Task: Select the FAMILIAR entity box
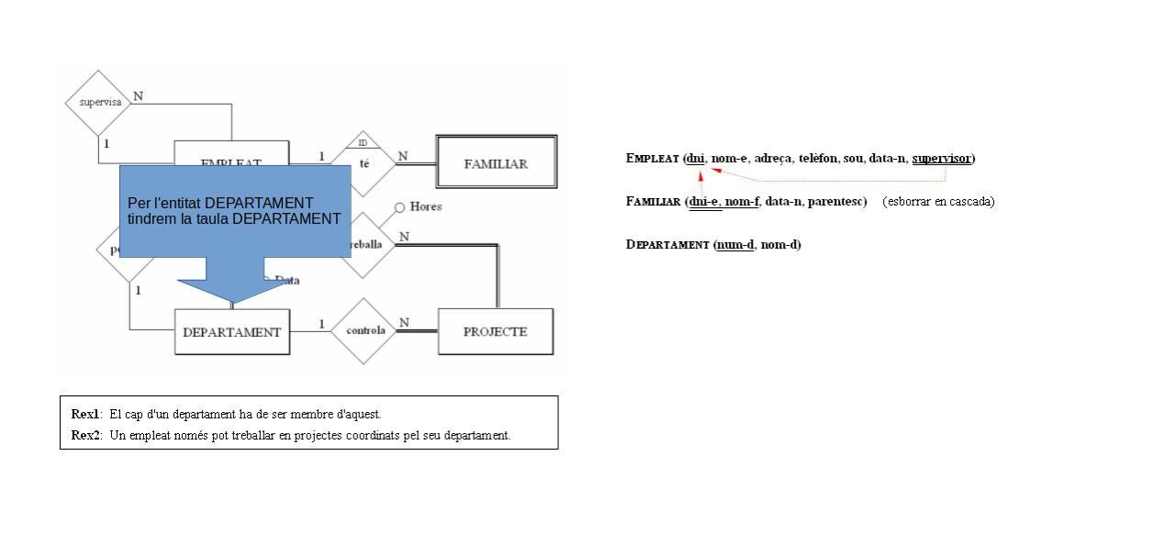tap(496, 163)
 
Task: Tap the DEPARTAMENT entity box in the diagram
tap(232, 332)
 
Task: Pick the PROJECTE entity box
tap(496, 331)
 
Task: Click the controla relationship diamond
tap(364, 330)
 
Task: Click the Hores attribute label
tap(425, 206)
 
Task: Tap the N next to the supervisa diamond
tap(138, 95)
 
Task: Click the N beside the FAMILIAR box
tap(403, 156)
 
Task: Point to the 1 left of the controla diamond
tap(321, 323)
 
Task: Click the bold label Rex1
tap(85, 414)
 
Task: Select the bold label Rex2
tap(85, 435)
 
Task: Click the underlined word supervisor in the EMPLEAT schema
tap(941, 159)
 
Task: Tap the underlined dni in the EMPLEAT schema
tap(697, 159)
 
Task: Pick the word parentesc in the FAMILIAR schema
tap(836, 201)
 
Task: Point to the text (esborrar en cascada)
tap(938, 201)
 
